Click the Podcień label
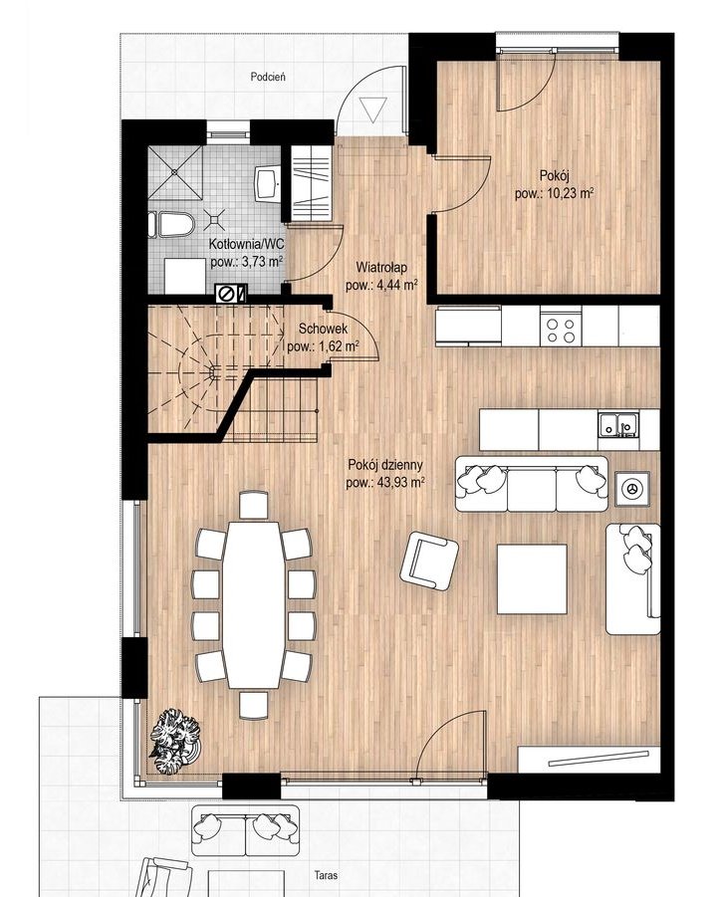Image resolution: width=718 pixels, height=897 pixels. [268, 76]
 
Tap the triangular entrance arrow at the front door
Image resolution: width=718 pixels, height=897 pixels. [373, 109]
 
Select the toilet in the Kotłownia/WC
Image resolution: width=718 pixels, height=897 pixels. [172, 224]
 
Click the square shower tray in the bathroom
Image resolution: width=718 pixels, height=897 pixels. [175, 173]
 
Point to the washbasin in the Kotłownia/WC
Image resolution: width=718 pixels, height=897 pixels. [268, 183]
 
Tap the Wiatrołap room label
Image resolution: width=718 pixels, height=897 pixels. [381, 267]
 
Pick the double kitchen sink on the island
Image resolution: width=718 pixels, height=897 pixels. [619, 424]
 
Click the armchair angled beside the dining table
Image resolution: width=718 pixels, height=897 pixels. [429, 561]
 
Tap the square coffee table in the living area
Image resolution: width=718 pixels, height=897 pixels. [532, 578]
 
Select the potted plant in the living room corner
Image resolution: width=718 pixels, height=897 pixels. [175, 742]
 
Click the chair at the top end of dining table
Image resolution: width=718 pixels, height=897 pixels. [254, 505]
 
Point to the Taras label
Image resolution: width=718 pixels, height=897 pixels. [326, 875]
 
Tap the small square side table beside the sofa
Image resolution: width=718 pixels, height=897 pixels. [632, 489]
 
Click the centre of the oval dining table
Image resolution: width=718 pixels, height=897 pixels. [254, 604]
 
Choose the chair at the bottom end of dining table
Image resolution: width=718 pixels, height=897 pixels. [254, 705]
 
